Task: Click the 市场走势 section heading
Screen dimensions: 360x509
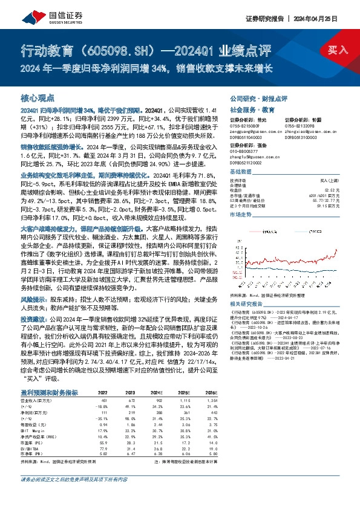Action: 239,215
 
